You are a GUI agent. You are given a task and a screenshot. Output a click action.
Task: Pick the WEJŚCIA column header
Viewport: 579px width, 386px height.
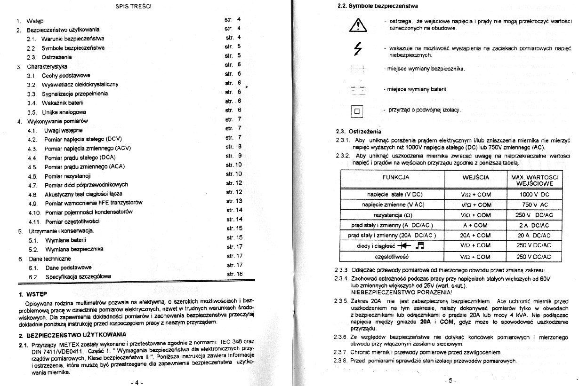475,177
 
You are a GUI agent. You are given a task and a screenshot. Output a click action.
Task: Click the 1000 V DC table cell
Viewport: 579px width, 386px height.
534,194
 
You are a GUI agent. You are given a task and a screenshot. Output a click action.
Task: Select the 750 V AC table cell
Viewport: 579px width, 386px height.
534,205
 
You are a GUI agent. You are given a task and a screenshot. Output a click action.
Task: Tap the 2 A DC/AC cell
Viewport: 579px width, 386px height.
534,225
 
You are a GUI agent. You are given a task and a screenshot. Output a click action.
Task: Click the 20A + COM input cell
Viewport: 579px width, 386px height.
475,236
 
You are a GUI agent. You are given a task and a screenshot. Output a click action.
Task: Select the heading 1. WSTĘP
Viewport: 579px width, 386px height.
33,294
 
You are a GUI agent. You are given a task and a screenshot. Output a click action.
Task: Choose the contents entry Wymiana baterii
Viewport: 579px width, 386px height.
65,240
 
